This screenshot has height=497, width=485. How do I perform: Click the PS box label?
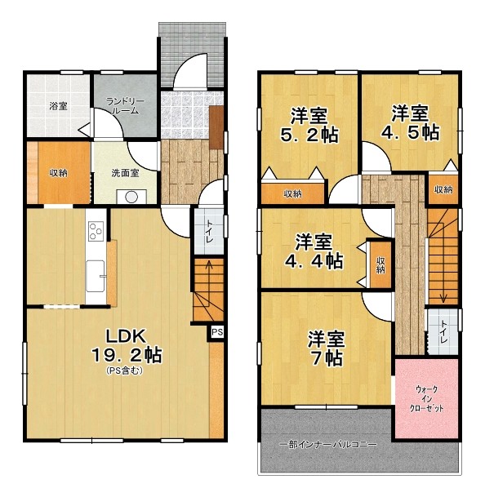pos(217,332)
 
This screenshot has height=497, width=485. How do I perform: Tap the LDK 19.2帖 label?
pos(127,346)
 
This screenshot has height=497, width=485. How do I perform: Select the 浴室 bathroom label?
pos(58,106)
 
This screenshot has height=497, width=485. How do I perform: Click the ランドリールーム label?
pos(125,106)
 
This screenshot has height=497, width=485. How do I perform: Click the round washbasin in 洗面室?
pos(131,197)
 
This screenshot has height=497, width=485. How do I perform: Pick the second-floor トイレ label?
pos(443,331)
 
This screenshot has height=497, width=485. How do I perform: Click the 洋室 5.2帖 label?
pos(309,125)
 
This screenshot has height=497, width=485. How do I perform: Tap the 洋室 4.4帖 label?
pos(314,251)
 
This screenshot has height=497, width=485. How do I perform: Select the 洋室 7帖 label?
pos(326,348)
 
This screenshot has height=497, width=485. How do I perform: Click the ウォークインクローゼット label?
pos(427,398)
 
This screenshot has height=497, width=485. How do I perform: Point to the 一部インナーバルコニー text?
pos(328,445)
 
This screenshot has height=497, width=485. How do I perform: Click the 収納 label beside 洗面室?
pos(58,173)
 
